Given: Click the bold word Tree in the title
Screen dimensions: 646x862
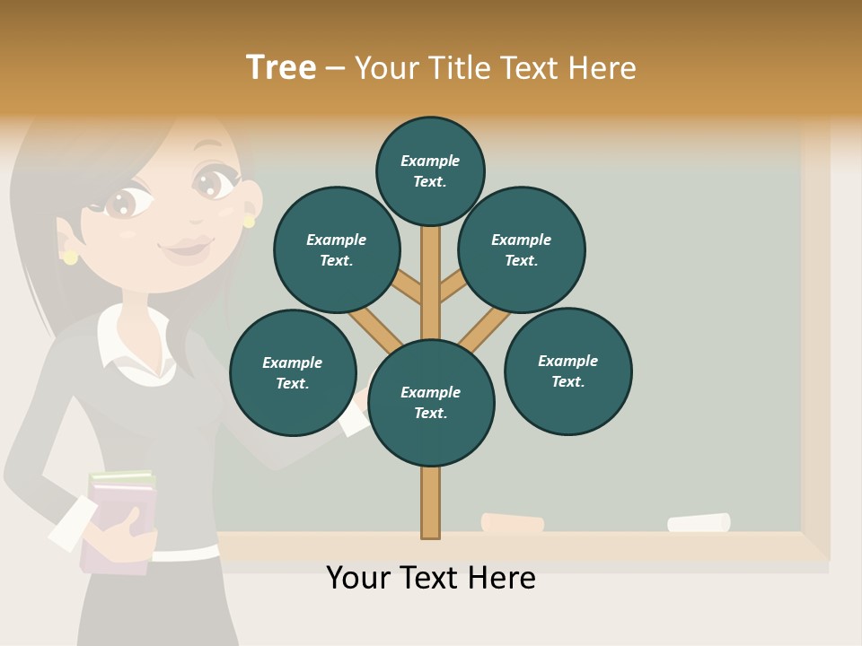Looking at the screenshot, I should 281,67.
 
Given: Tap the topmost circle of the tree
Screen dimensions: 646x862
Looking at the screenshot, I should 430,170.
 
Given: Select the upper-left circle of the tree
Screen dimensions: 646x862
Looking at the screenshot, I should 336,249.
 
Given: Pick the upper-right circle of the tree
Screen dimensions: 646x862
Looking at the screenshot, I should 521,249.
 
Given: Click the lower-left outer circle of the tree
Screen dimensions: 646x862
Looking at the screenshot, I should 293,372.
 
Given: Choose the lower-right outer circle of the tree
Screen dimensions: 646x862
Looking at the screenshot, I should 567,371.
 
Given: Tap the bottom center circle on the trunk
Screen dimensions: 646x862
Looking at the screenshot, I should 431,403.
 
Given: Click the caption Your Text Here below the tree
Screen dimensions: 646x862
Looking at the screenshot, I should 431,578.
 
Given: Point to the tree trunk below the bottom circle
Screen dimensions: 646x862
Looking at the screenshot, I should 431,502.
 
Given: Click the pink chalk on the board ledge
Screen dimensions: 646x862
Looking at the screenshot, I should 513,523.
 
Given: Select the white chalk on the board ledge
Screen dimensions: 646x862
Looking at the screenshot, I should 699,522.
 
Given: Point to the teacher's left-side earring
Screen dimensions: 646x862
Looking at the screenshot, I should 70,258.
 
